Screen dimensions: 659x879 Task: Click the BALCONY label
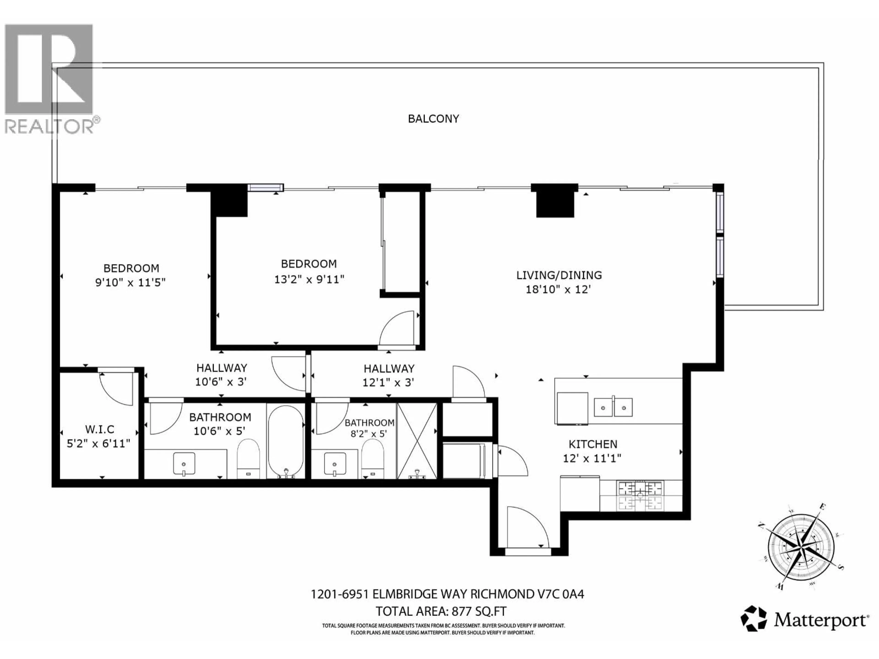[433, 119]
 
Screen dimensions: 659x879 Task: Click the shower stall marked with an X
[417, 441]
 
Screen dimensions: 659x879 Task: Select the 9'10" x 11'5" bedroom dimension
[130, 282]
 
